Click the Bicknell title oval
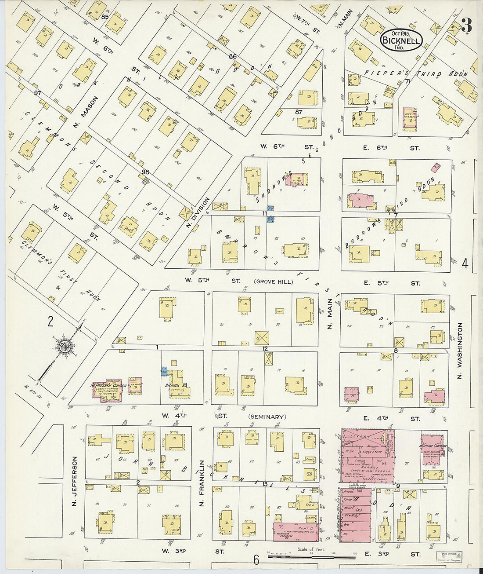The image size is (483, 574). coord(401,40)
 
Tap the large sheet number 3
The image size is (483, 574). coord(466,26)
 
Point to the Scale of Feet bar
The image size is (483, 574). coord(312,556)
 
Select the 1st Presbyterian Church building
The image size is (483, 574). coord(110,388)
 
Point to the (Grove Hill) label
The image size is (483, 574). coord(273,282)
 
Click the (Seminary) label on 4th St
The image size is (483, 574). coord(267,417)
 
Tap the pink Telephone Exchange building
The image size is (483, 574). coord(295,531)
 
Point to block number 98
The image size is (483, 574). coord(146,172)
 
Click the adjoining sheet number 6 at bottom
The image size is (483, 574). coord(256,560)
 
